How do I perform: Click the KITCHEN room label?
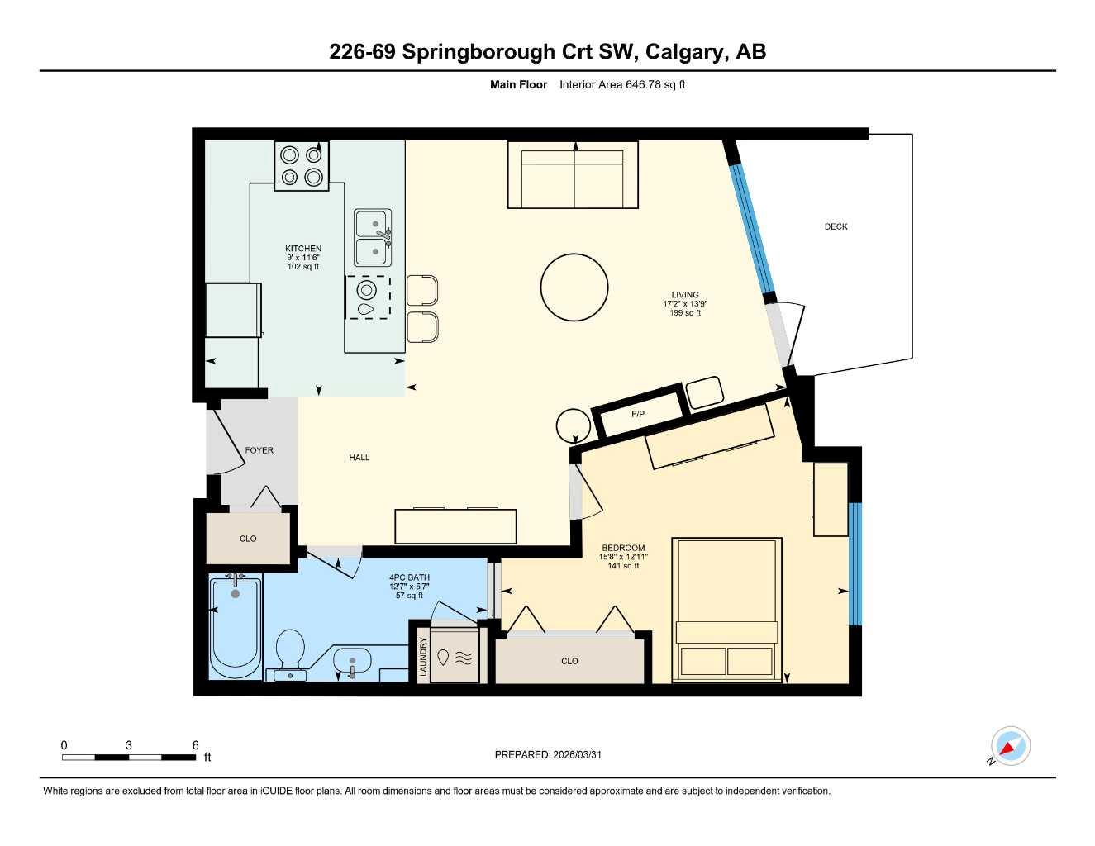coord(303,249)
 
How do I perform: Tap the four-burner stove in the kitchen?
coord(302,166)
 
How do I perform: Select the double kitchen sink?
coord(374,237)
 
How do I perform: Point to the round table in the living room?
coord(574,288)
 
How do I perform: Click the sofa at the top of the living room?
coord(573,175)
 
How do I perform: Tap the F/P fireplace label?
coord(638,414)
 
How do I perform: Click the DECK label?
coord(836,226)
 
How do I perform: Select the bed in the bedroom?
coord(727,610)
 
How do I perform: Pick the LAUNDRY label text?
coord(423,657)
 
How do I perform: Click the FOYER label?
coord(259,450)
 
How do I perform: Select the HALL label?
coord(359,458)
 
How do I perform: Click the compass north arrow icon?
coord(1010,747)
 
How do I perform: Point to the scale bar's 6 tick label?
coord(196,745)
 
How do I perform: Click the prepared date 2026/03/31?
coord(577,754)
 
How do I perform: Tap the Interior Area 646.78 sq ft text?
coord(622,84)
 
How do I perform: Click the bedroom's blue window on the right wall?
coord(855,563)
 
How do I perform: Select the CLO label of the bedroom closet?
coord(569,661)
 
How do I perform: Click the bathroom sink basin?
coord(353,662)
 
